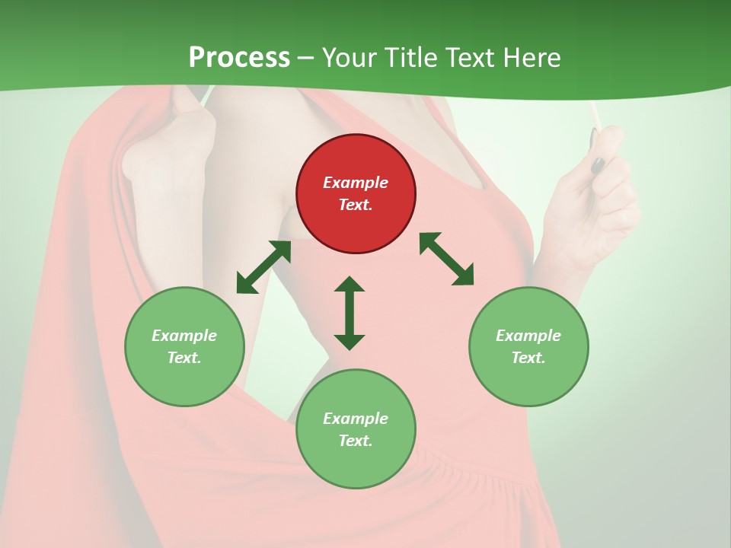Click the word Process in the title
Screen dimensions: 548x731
[x=239, y=58]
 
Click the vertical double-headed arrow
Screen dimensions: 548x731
[x=350, y=313]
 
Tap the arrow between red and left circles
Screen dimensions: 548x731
[x=263, y=267]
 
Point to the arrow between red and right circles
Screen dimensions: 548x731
[x=446, y=259]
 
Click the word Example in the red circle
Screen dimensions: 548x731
[x=356, y=183]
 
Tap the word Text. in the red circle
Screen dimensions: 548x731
[x=356, y=205]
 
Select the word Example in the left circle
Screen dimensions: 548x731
[x=184, y=336]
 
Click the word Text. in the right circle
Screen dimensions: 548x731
[x=528, y=358]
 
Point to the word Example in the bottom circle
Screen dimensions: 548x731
[x=356, y=419]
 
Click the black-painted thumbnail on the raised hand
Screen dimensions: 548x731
[x=599, y=164]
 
